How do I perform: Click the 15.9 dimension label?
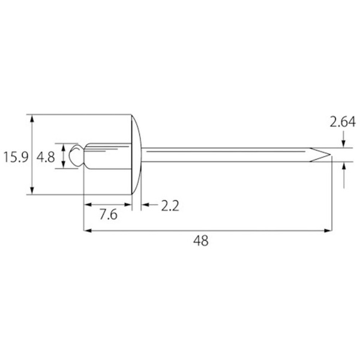pyautogui.click(x=16, y=157)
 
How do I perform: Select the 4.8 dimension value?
pyautogui.click(x=46, y=157)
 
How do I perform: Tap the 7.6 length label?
pyautogui.click(x=109, y=215)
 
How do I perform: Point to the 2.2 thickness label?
pyautogui.click(x=170, y=206)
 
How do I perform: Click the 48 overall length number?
pyautogui.click(x=201, y=241)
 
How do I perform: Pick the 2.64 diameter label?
pyautogui.click(x=343, y=122)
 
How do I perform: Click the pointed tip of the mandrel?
pyautogui.click(x=331, y=155)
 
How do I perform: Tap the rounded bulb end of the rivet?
pyautogui.click(x=76, y=155)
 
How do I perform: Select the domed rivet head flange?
pyautogui.click(x=137, y=154)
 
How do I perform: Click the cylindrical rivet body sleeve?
pyautogui.click(x=108, y=156)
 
